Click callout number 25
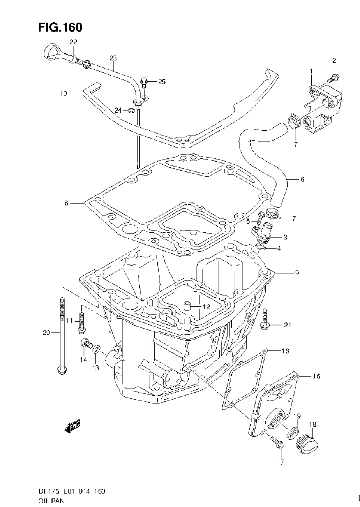(x=161, y=82)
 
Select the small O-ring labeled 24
(x=132, y=111)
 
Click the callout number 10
(x=63, y=93)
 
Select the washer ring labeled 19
(x=292, y=433)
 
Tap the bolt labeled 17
(x=278, y=442)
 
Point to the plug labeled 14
(x=85, y=343)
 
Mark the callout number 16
(x=285, y=351)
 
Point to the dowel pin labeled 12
(x=187, y=306)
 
